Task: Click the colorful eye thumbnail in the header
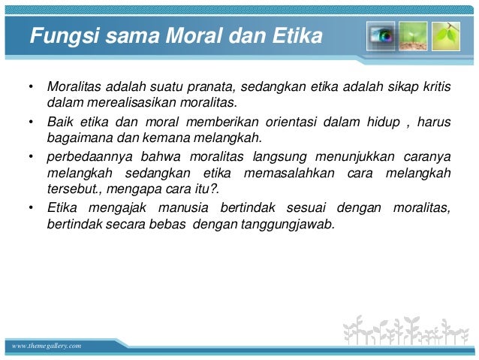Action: pos(381,35)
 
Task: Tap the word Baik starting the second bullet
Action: pos(60,121)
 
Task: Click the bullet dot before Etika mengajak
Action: pos(31,208)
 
